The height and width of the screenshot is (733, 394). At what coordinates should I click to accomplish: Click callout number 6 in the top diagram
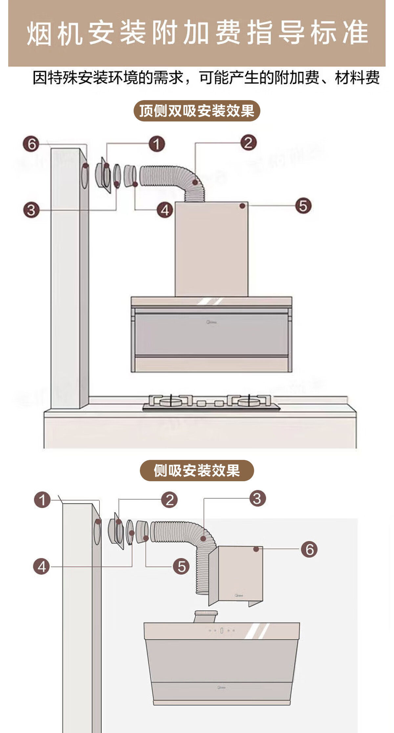pyautogui.click(x=31, y=144)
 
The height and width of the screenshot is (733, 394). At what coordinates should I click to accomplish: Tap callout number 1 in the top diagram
pyautogui.click(x=157, y=144)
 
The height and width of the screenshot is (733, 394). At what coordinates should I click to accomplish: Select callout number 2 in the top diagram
pyautogui.click(x=248, y=142)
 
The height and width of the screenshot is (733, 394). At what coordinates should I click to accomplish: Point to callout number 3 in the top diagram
pyautogui.click(x=31, y=210)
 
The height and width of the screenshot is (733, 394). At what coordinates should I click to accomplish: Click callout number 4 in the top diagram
pyautogui.click(x=165, y=210)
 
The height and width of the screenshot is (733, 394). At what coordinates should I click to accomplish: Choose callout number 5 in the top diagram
pyautogui.click(x=303, y=206)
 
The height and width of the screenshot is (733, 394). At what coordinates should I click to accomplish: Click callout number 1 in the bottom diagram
pyautogui.click(x=42, y=500)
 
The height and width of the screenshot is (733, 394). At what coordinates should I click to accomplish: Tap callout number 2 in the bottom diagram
pyautogui.click(x=169, y=500)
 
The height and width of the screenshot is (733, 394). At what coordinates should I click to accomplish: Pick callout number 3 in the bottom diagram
pyautogui.click(x=257, y=498)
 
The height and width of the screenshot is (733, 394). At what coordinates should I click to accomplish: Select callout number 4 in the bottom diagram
pyautogui.click(x=41, y=567)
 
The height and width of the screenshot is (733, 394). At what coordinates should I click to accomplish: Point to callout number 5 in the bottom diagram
pyautogui.click(x=181, y=566)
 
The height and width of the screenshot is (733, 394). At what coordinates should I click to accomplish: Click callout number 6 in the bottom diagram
pyautogui.click(x=309, y=549)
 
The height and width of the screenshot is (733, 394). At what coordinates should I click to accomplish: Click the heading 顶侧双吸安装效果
pyautogui.click(x=197, y=111)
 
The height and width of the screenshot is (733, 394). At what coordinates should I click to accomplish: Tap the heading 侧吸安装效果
pyautogui.click(x=197, y=470)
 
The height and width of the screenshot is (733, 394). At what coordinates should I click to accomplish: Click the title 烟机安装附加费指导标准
pyautogui.click(x=197, y=33)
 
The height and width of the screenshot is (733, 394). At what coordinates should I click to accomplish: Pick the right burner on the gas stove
pyautogui.click(x=249, y=401)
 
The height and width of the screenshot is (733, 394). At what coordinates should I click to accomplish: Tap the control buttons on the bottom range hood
pyautogui.click(x=222, y=630)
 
